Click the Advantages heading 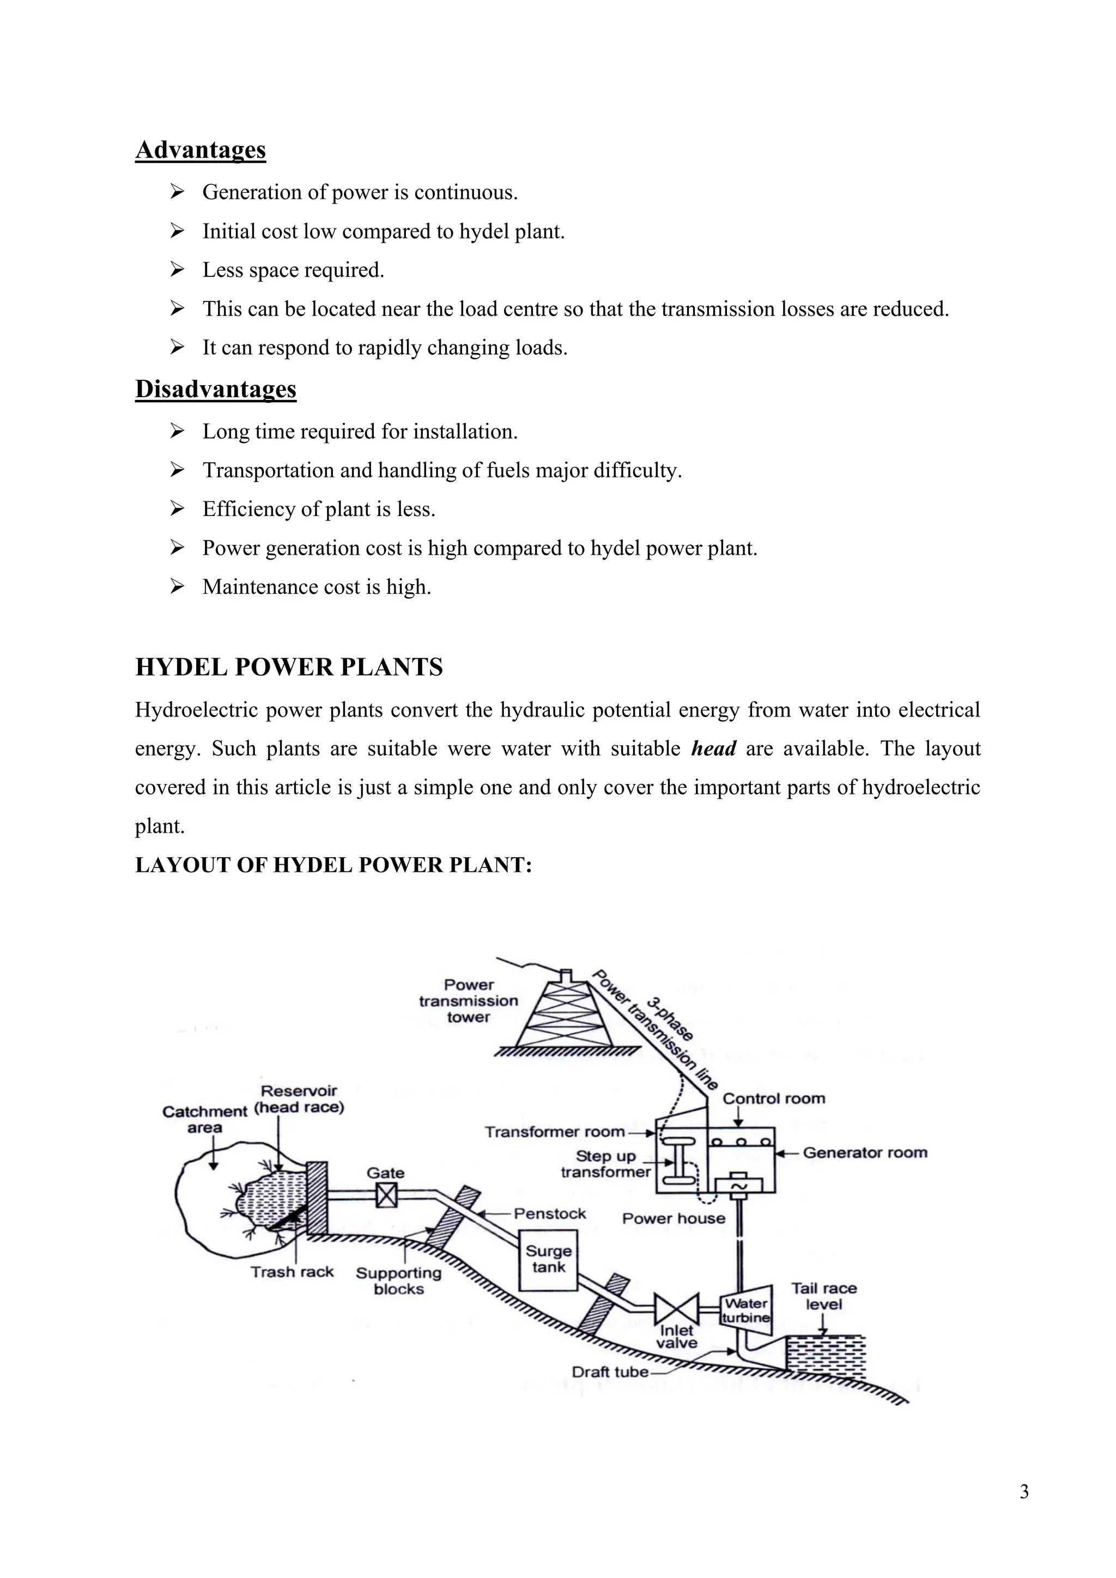coord(200,150)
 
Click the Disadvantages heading coord(215,389)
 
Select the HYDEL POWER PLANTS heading coord(289,667)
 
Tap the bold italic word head coord(713,749)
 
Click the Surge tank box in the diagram coord(548,1259)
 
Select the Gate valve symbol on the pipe coord(386,1197)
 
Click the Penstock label coord(550,1213)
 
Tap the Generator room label coord(864,1152)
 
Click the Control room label coord(774,1098)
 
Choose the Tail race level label coord(823,1296)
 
